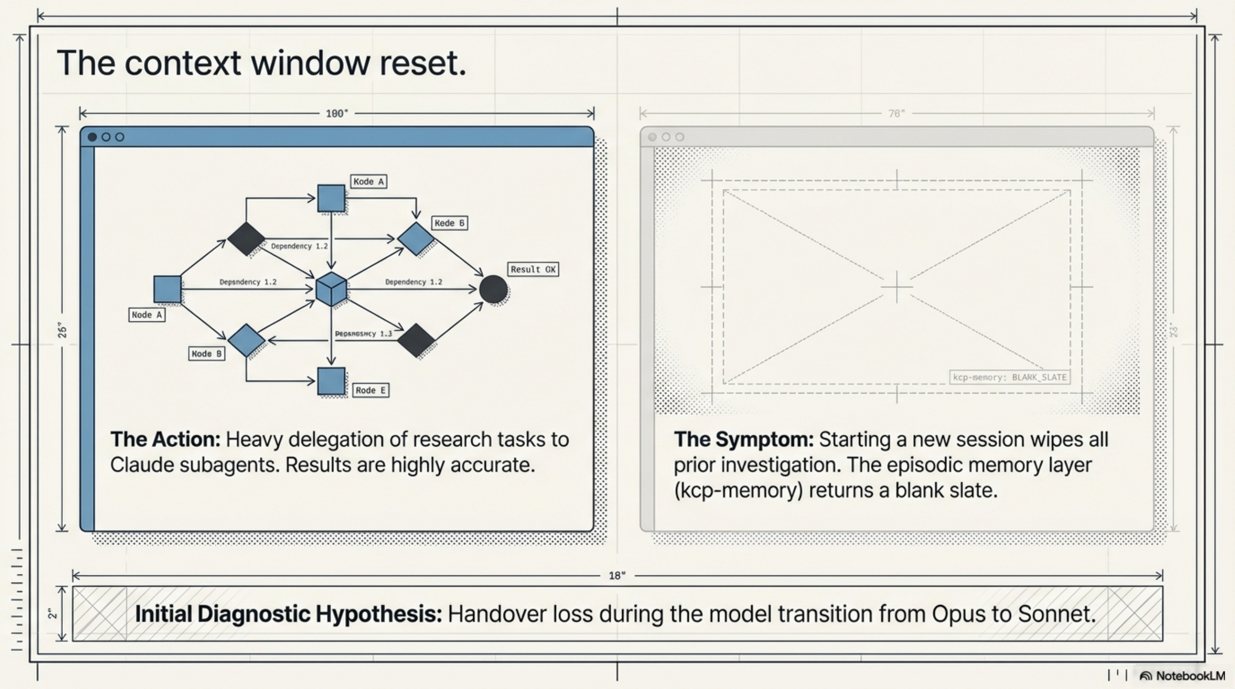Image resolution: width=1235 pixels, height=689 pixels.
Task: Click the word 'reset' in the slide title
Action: [x=422, y=63]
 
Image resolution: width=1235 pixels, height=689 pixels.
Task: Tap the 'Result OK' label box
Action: [x=533, y=269]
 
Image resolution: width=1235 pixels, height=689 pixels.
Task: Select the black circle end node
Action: [x=493, y=289]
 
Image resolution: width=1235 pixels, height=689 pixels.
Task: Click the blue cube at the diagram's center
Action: [x=331, y=289]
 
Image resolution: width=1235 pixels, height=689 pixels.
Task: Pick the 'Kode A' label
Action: [x=368, y=182]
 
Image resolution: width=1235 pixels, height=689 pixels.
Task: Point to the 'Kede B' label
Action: [x=449, y=223]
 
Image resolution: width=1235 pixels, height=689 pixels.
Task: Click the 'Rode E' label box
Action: [x=370, y=390]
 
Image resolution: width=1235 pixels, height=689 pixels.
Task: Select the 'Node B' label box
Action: [x=206, y=354]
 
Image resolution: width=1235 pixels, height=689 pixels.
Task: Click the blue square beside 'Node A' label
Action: [x=167, y=289]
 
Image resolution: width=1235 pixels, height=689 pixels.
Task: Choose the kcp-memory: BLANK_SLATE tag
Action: [x=1009, y=377]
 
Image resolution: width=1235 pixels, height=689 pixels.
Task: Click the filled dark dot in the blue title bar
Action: [x=93, y=137]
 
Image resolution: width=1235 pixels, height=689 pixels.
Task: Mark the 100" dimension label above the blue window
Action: [x=336, y=114]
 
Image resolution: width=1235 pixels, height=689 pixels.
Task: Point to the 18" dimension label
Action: [x=617, y=575]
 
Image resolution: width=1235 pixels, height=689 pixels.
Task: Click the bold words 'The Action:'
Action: [x=165, y=439]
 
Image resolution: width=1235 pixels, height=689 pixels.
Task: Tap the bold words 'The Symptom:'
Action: [x=743, y=439]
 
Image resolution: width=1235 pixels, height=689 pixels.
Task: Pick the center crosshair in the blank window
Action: [x=896, y=287]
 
